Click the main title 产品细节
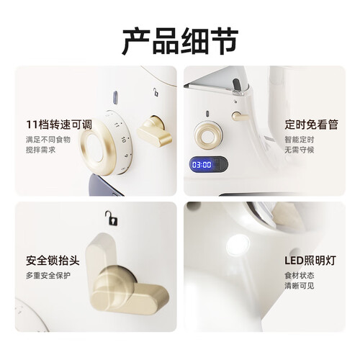(180, 41)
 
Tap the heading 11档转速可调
(59, 125)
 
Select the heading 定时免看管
(311, 125)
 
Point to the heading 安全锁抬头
(53, 261)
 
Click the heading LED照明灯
(310, 261)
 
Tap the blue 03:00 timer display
(202, 165)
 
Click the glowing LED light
(238, 245)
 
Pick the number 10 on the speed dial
(124, 140)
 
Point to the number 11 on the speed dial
(117, 125)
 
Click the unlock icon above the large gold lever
(112, 218)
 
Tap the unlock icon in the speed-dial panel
(156, 92)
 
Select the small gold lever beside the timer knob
(240, 116)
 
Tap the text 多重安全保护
(48, 276)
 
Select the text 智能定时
(300, 140)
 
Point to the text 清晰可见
(300, 286)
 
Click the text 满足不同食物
(48, 140)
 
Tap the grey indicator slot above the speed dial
(115, 97)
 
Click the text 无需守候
(300, 150)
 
